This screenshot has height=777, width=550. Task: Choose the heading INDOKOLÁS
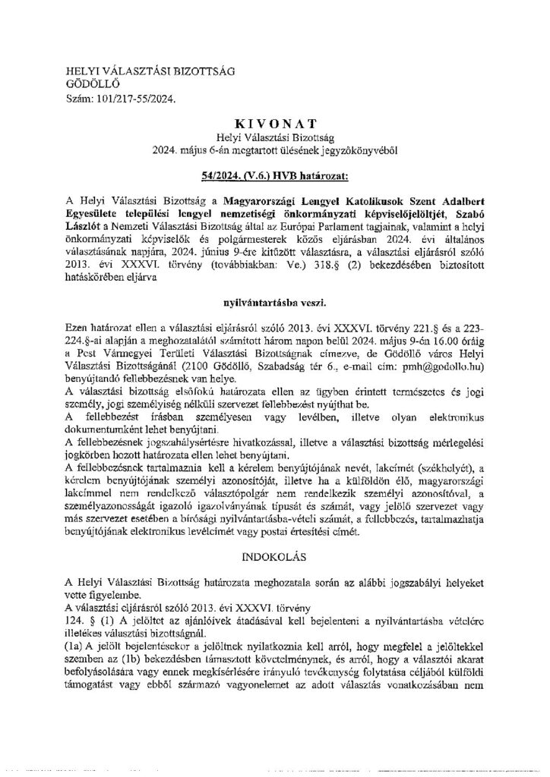tap(274, 558)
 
